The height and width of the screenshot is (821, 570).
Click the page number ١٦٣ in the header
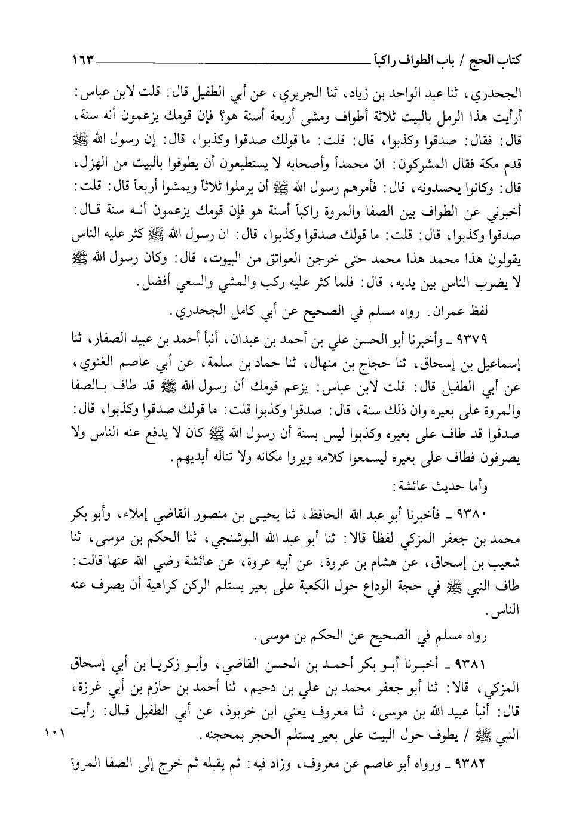(81, 60)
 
